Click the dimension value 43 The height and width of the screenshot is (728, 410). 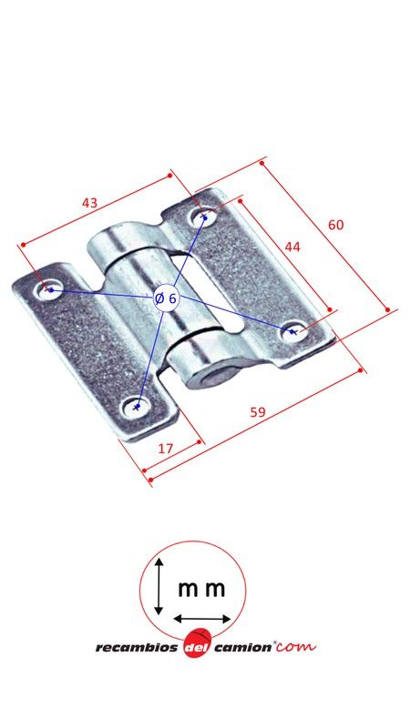click(89, 203)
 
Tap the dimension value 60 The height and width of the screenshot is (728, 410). click(336, 225)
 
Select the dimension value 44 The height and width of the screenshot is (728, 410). click(292, 247)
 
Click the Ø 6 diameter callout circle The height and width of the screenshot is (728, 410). click(166, 298)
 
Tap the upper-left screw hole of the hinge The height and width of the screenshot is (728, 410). click(47, 290)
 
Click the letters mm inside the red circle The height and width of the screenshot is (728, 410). click(201, 589)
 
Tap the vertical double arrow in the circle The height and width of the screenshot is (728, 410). click(159, 588)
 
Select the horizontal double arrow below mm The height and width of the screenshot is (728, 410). click(202, 619)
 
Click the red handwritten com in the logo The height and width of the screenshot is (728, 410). click(296, 646)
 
